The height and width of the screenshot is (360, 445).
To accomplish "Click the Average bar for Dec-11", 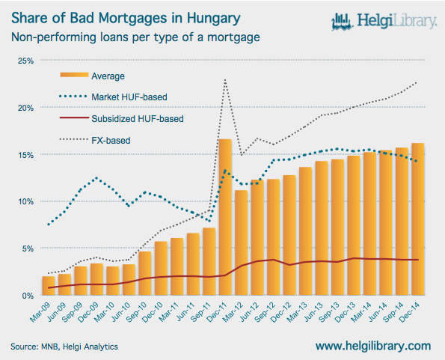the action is pos(225,217).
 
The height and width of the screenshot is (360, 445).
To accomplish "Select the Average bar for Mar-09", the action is pos(49,286).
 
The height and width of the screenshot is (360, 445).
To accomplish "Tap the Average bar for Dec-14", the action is pos(418,219).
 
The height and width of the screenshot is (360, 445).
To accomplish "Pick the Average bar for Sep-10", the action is pos(145,273).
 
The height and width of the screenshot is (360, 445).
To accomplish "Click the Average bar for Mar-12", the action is pos(242,242).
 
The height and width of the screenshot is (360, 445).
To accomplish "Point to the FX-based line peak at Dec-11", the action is pos(225,80).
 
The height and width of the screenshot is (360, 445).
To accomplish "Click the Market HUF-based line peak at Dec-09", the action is pos(96,178).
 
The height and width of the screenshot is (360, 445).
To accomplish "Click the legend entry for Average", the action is pos(92,76).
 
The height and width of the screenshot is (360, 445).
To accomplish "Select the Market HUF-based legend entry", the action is pos(113,97).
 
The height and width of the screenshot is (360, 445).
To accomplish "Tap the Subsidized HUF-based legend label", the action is pos(138,119).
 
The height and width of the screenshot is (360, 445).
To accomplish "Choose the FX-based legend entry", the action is pos(95,140).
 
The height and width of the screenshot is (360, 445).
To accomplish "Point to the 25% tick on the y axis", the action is pos(26,61).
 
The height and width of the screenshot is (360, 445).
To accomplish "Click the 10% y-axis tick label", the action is pos(26,202).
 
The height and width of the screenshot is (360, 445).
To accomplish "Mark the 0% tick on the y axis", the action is pos(28,296).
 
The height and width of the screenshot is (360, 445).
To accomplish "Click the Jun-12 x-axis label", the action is pos(250,312).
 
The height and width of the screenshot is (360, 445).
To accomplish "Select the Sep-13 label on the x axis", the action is pos(329,312).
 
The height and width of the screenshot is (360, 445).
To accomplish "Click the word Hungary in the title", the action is pos(214,19).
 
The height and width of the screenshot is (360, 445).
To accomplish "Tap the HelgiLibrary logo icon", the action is pos(343,22).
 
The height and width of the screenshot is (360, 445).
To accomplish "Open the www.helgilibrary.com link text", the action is pos(373,346).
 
